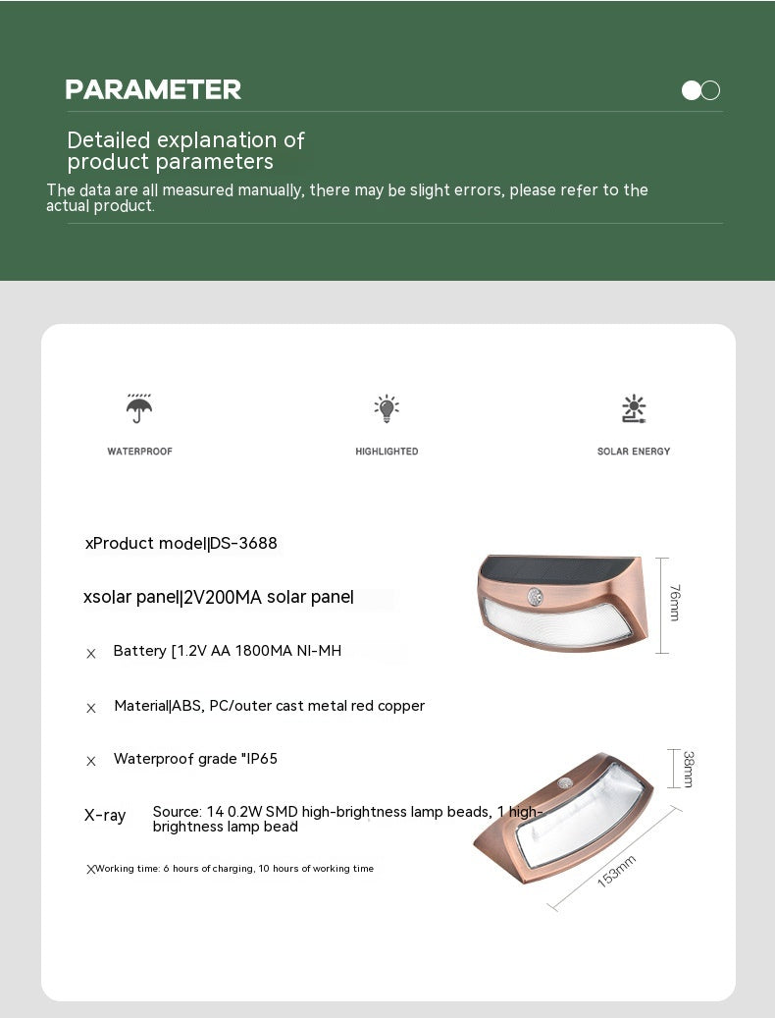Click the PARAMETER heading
point(153,90)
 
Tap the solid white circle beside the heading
point(692,90)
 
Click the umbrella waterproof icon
point(139,407)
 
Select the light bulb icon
point(387,408)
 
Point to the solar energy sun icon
point(634,408)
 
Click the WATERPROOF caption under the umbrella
point(139,452)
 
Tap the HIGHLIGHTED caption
point(387,452)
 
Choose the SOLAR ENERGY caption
point(634,452)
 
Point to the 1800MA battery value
point(267,650)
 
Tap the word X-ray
point(105,815)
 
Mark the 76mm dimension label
point(675,602)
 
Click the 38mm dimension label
point(689,768)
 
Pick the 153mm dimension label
point(616,872)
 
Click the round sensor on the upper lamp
point(536,596)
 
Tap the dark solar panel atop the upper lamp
point(559,567)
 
